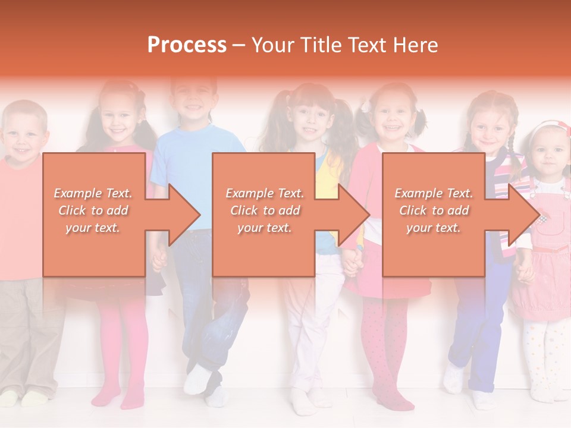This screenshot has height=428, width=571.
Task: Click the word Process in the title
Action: [187, 45]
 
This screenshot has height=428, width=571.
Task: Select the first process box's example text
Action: [93, 210]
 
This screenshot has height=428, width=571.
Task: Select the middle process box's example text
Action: [265, 210]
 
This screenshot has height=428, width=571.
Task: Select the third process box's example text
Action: [434, 210]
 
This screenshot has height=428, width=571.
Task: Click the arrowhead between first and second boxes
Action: [182, 215]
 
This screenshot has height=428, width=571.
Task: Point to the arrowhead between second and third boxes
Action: [352, 215]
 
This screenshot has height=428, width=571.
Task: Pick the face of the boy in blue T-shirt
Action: [193, 102]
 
